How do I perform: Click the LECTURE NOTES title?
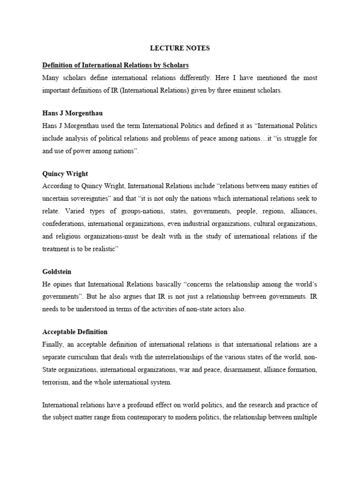pos(180,48)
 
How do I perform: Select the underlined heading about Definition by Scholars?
pos(115,65)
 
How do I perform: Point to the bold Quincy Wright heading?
pos(65,173)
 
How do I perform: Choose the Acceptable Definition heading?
pos(75,331)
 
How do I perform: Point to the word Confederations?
pos(63,223)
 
